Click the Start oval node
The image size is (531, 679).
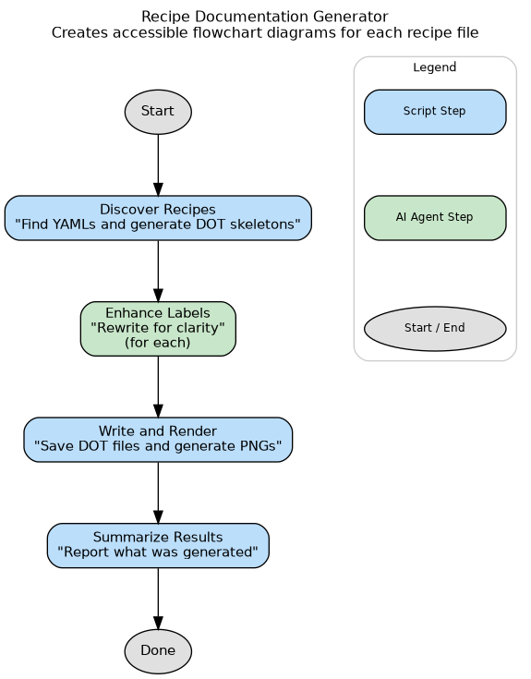[x=158, y=112]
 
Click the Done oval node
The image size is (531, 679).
[x=158, y=650]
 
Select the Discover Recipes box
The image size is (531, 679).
[x=158, y=217]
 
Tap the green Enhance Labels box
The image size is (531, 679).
[x=158, y=328]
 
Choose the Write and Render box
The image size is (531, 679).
[x=158, y=439]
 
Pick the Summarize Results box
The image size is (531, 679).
[x=158, y=545]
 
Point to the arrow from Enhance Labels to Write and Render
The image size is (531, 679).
[x=158, y=386]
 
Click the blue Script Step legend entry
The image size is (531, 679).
[x=435, y=112]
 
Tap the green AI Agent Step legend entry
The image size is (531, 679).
[x=435, y=217]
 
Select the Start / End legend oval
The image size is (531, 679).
[x=435, y=328]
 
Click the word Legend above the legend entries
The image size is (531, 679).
[x=435, y=67]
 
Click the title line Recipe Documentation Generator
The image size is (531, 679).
[x=265, y=17]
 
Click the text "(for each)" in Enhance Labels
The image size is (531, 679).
[x=158, y=342]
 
